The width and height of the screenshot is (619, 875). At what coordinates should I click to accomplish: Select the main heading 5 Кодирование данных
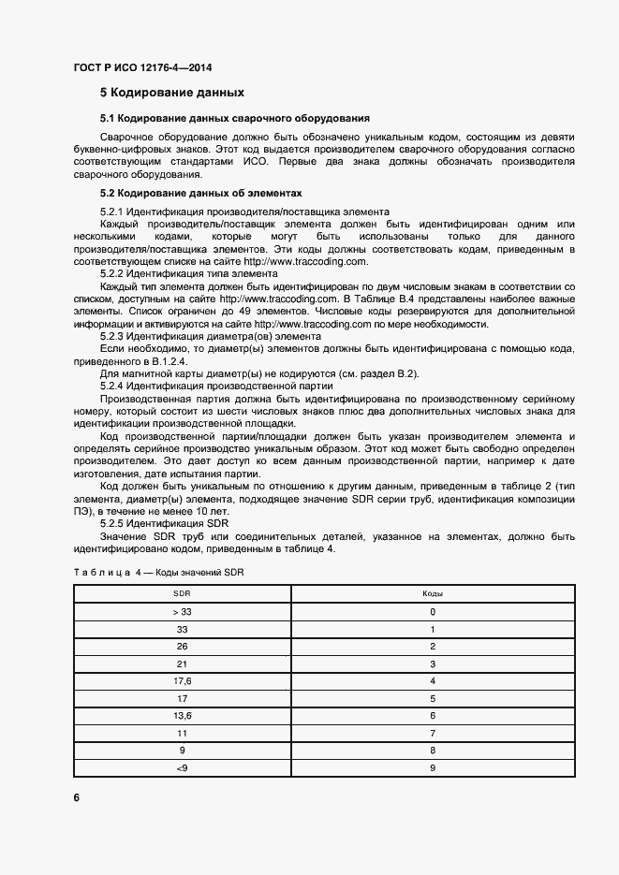[x=172, y=93]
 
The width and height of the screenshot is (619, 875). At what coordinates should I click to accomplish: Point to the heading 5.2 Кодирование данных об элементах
[x=201, y=193]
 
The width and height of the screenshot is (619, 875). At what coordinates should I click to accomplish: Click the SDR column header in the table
[x=183, y=594]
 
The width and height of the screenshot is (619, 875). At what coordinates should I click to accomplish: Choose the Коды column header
[x=433, y=594]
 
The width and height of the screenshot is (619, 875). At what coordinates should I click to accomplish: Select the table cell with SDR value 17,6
[x=183, y=680]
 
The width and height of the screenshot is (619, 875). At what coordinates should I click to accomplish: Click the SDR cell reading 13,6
[x=183, y=716]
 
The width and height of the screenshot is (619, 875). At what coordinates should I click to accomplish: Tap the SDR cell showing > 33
[x=183, y=612]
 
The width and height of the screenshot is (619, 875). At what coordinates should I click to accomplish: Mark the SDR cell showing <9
[x=183, y=767]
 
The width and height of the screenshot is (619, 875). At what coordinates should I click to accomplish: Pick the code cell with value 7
[x=433, y=733]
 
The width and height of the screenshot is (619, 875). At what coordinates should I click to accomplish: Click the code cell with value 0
[x=433, y=612]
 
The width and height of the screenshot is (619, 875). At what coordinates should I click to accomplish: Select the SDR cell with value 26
[x=183, y=647]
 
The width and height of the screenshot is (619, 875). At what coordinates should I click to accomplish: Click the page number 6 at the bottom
[x=77, y=797]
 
